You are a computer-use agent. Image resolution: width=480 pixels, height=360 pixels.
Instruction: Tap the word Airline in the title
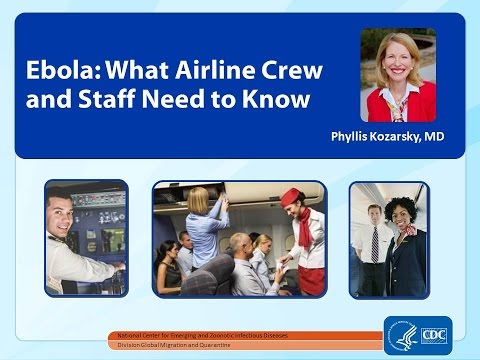click(197, 73)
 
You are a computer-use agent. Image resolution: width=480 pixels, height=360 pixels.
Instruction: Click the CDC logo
click(431, 335)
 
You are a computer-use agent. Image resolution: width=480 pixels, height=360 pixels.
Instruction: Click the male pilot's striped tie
click(374, 245)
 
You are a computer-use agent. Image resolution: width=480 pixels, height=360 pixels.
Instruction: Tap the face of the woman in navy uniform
click(401, 213)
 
